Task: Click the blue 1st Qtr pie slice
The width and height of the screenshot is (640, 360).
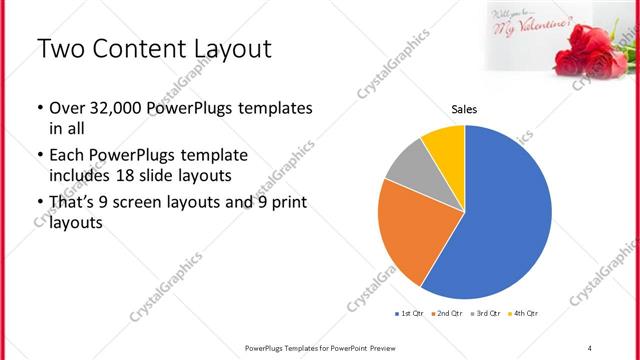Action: tap(500, 220)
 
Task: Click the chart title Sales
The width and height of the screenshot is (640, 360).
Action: tap(463, 110)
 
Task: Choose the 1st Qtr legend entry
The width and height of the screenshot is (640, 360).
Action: tap(409, 314)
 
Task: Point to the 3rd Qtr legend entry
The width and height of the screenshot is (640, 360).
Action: tap(482, 314)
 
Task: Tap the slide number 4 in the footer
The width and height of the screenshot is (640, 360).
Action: tap(590, 347)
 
